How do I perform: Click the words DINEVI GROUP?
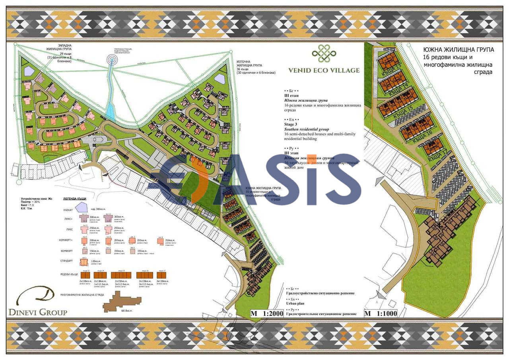coord(38,312)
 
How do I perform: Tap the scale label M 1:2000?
coord(266,313)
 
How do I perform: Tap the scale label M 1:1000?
coord(381,313)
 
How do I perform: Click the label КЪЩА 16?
coord(422,140)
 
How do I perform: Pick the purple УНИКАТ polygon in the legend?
coord(82,207)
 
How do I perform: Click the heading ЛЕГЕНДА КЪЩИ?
coord(75,198)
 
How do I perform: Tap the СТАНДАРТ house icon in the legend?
coord(84,261)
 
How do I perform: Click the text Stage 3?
coord(291,125)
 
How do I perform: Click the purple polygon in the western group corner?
coord(29,71)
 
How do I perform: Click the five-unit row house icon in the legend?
coord(118,275)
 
